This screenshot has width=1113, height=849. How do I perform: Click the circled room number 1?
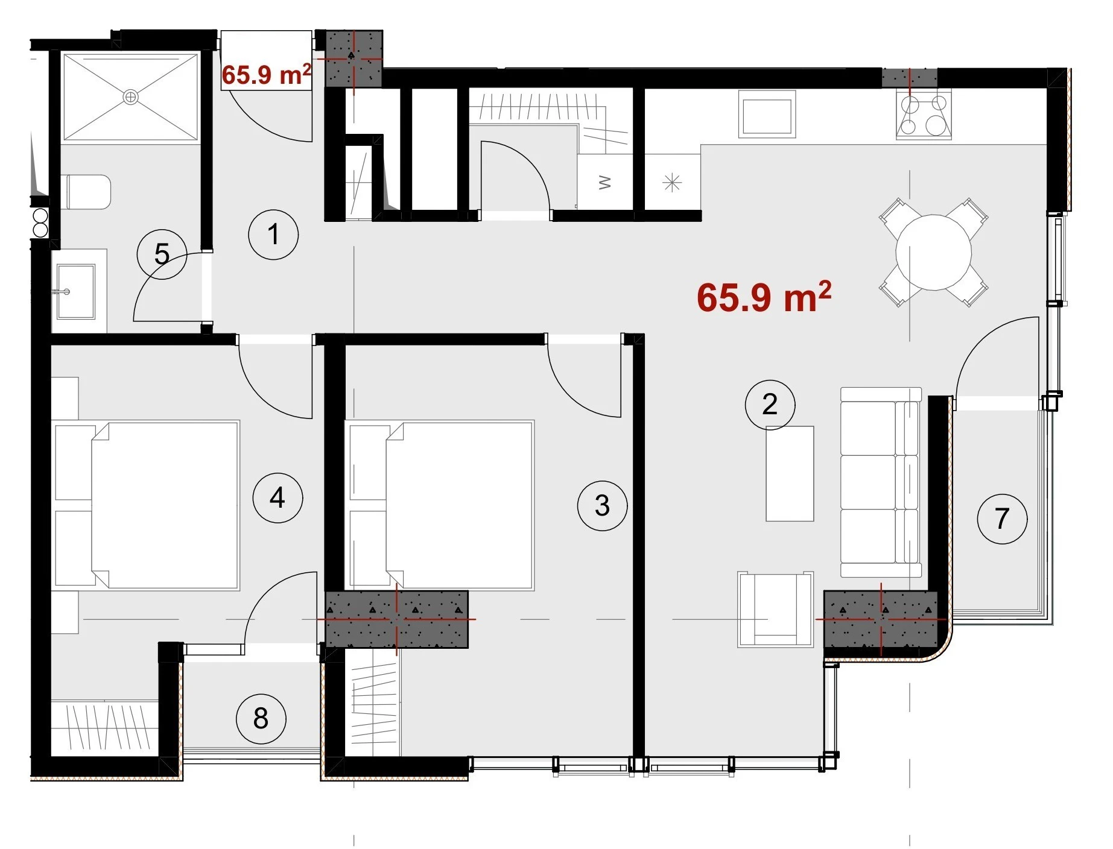[273, 235]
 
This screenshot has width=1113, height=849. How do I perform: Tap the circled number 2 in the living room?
[770, 405]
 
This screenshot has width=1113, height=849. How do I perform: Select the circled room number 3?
[602, 505]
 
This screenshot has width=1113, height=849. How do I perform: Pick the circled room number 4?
[277, 497]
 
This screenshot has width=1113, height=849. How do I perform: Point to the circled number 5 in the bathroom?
[162, 254]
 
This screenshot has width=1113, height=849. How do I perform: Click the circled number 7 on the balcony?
[1002, 519]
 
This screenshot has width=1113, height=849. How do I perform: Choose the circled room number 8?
[261, 718]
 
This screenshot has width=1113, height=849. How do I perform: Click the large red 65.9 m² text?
[764, 296]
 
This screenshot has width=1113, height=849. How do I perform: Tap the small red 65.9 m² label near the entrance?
[267, 74]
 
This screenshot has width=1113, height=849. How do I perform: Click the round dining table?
[933, 252]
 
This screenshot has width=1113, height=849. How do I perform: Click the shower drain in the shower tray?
[130, 96]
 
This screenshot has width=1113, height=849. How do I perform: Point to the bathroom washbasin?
[75, 291]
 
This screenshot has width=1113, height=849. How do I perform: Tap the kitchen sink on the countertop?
[767, 115]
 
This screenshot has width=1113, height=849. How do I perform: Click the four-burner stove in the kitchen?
[923, 115]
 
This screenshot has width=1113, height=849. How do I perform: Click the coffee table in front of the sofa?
[790, 473]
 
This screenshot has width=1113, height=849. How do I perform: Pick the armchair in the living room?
[775, 609]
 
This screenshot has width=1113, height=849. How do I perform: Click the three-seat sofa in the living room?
[881, 482]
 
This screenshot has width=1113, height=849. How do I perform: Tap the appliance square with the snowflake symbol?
[672, 182]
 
